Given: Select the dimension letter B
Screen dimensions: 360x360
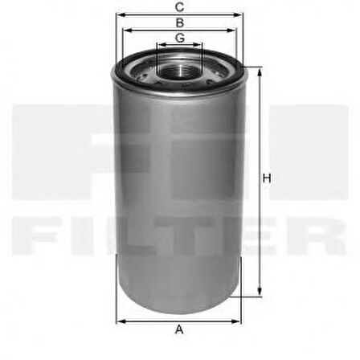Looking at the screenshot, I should tap(179, 22).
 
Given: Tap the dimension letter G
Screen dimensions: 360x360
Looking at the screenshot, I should tap(179, 38).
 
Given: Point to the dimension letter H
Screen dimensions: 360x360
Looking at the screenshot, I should tap(266, 179).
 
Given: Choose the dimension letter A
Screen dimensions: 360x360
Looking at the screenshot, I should tap(179, 329).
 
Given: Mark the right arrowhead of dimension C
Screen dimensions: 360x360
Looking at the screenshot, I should tap(241, 14).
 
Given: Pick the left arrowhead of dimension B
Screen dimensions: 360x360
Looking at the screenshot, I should tap(125, 31).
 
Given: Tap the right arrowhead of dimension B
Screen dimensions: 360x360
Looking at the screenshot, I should tap(234, 31).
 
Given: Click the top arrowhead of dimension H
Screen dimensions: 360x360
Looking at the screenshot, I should tap(259, 71).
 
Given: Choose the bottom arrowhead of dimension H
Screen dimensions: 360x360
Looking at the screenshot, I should tap(259, 294).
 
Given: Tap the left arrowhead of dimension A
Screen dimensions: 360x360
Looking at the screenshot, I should tap(119, 321).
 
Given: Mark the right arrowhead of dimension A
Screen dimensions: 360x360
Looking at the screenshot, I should tap(239, 321).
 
